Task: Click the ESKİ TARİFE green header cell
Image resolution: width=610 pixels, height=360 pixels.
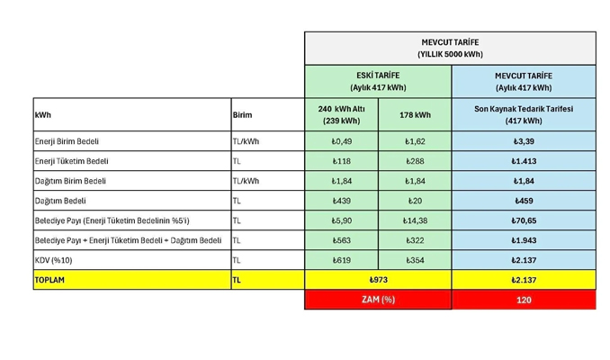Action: [378, 81]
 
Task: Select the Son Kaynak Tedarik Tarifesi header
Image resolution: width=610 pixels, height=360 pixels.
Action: [524, 114]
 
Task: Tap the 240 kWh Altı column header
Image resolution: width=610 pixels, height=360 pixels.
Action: [341, 114]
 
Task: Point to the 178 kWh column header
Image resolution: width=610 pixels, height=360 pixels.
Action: [415, 115]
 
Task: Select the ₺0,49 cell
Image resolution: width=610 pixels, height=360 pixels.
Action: [341, 141]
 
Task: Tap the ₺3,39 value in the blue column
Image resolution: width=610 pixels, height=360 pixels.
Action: [524, 141]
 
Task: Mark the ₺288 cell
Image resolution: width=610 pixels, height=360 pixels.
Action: [415, 161]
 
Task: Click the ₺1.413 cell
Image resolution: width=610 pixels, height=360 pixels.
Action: [524, 161]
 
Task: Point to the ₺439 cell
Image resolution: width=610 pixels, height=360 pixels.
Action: [341, 201]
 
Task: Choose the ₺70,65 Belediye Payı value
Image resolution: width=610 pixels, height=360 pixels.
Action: [524, 220]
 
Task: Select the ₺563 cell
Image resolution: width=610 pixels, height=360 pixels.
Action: [341, 240]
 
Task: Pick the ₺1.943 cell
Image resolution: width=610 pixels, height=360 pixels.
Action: [524, 240]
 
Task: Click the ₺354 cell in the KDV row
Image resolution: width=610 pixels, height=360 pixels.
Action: [415, 260]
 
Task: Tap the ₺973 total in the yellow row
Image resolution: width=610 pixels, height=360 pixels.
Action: [378, 280]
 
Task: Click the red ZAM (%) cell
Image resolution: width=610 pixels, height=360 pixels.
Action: [378, 300]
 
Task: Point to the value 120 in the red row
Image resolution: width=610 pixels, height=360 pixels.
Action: [524, 300]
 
